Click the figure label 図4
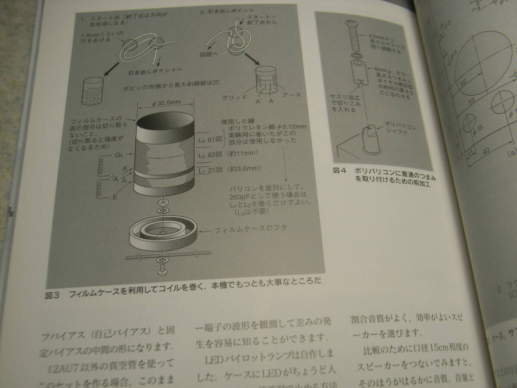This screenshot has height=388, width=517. pos(340,171)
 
